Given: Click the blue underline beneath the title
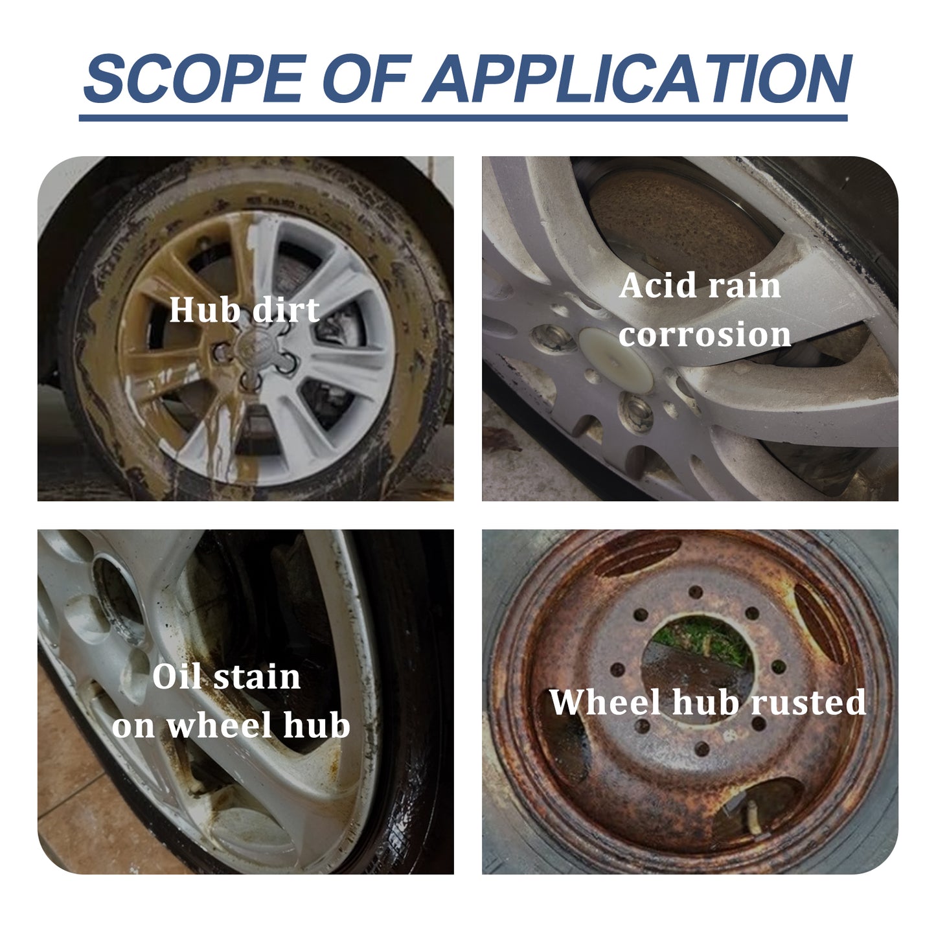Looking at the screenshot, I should pyautogui.click(x=463, y=118).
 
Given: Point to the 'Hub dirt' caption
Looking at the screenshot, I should pyautogui.click(x=244, y=310).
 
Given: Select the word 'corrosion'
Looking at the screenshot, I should pyautogui.click(x=704, y=335).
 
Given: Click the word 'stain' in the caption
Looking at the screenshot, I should pyautogui.click(x=257, y=678).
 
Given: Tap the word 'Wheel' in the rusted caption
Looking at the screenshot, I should pyautogui.click(x=606, y=702).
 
